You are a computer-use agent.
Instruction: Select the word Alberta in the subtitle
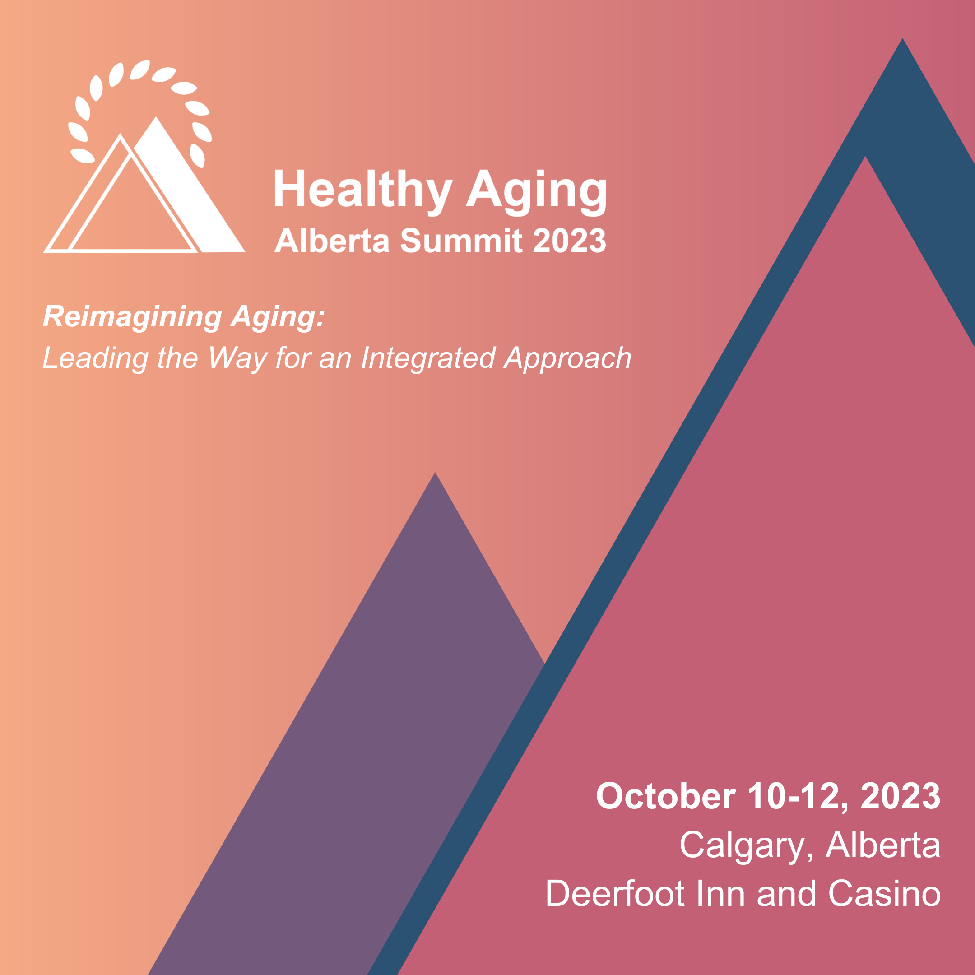click(332, 240)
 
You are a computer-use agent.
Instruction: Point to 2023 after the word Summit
click(570, 240)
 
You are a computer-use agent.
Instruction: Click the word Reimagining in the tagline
click(132, 317)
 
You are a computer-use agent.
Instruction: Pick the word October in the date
click(666, 796)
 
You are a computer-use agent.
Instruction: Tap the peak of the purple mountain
click(435, 473)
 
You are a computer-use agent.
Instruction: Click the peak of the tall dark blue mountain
click(902, 38)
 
